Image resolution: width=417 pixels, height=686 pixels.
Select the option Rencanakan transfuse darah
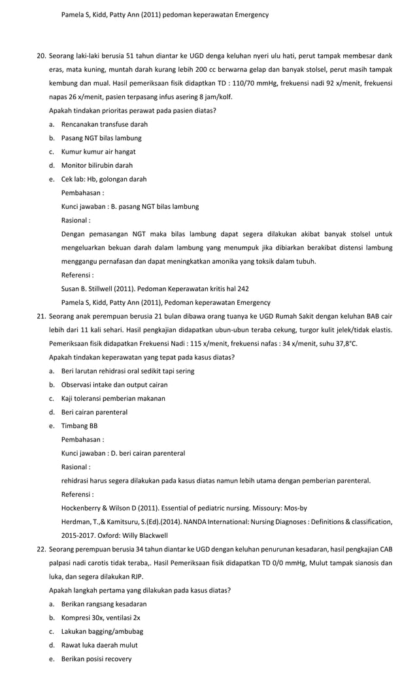pyautogui.click(x=104, y=124)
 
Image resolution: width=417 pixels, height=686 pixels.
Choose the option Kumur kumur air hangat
pyautogui.click(x=99, y=151)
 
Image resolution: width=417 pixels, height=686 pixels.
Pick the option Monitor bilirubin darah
pyautogui.click(x=97, y=165)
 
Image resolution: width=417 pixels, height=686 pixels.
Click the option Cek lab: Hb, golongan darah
pyautogui.click(x=104, y=179)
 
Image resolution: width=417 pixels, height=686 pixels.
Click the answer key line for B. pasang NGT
pyautogui.click(x=130, y=206)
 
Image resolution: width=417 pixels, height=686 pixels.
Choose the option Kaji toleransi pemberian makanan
pyautogui.click(x=113, y=398)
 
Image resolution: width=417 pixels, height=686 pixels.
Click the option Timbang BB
pyautogui.click(x=79, y=426)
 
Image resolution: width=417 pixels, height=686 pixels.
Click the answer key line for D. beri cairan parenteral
pyautogui.click(x=123, y=453)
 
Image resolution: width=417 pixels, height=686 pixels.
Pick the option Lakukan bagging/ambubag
pyautogui.click(x=102, y=631)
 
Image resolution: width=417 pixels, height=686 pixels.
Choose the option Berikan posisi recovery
pyautogui.click(x=96, y=659)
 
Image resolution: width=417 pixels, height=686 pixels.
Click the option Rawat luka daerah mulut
pyautogui.click(x=99, y=645)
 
